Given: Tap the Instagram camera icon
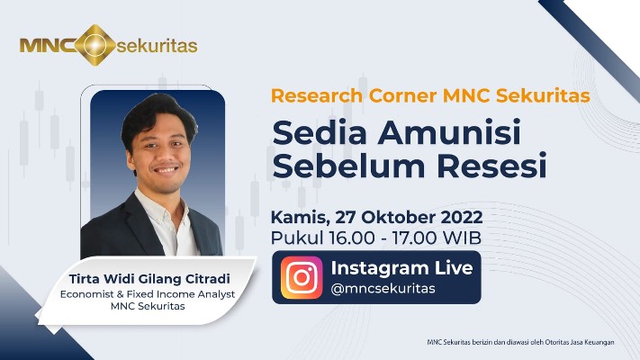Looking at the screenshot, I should (x=302, y=277).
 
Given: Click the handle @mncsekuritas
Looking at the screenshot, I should (x=383, y=289).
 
